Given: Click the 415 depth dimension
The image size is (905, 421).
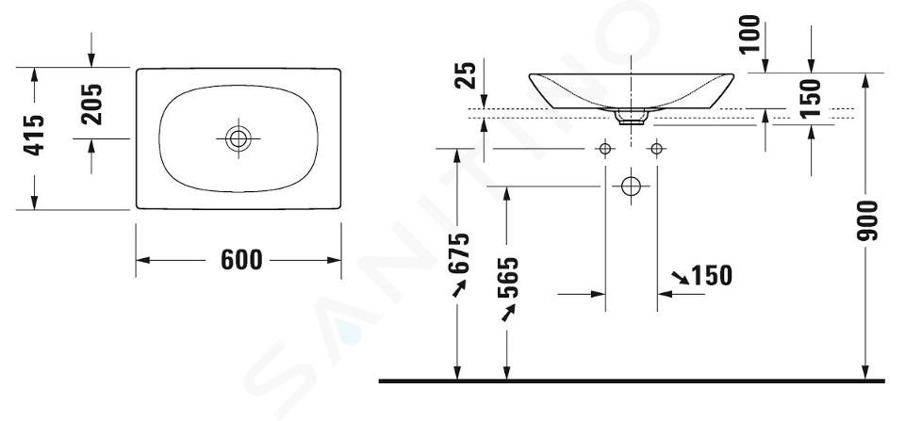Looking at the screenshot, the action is pos(34,135).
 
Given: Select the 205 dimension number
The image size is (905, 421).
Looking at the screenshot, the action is pos(91,105).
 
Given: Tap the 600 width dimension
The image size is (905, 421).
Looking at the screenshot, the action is pos(241,260).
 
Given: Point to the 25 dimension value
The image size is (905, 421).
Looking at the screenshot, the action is pos(466,75).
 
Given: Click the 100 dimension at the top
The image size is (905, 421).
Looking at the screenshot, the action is pos(749,34).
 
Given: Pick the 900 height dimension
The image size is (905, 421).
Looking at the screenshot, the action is pos(867,220).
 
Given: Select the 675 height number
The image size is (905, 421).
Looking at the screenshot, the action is pos(459,252).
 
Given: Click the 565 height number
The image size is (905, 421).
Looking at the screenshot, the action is pos(508,278).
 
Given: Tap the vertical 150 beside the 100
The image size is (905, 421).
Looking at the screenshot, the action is pos(811,97).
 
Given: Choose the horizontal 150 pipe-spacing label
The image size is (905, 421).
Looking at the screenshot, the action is pos(712,276).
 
